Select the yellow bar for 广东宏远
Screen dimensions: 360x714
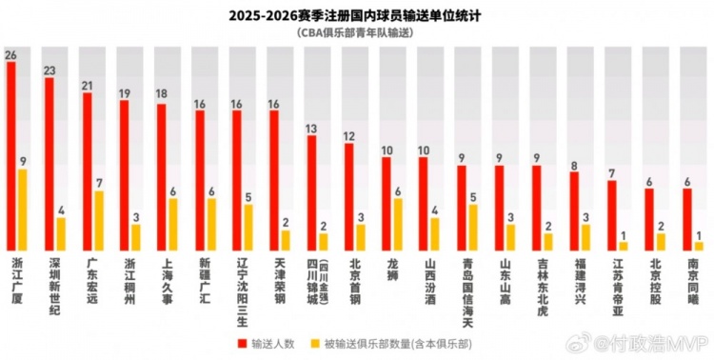click(x=99, y=220)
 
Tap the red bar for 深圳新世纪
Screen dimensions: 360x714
click(x=49, y=163)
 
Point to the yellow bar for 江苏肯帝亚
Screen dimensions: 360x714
click(x=624, y=245)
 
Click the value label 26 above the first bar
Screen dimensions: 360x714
click(x=11, y=55)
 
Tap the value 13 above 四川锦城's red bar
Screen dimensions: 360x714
click(x=311, y=128)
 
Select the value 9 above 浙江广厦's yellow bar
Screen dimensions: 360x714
click(x=24, y=162)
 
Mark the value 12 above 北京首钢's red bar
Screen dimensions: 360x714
click(x=348, y=135)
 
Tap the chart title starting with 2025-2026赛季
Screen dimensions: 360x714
click(x=357, y=15)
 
